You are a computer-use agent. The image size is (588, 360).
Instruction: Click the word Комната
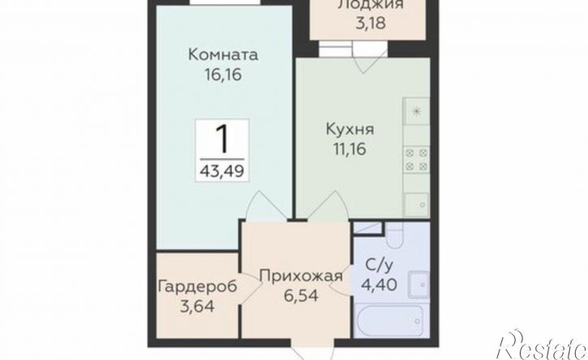click(223, 56)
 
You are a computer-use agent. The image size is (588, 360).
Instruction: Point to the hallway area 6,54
click(300, 296)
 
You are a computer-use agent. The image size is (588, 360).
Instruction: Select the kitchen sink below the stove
click(416, 204)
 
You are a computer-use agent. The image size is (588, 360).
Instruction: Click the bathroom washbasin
click(421, 284)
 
